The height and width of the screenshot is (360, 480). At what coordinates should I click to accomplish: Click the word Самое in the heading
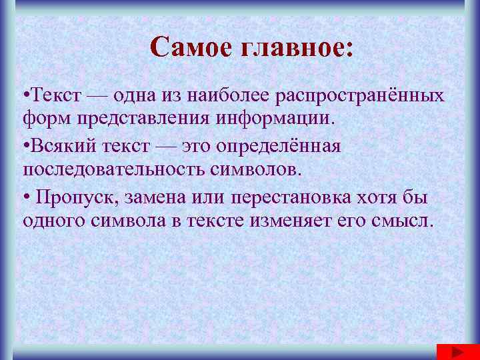[189, 47]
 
